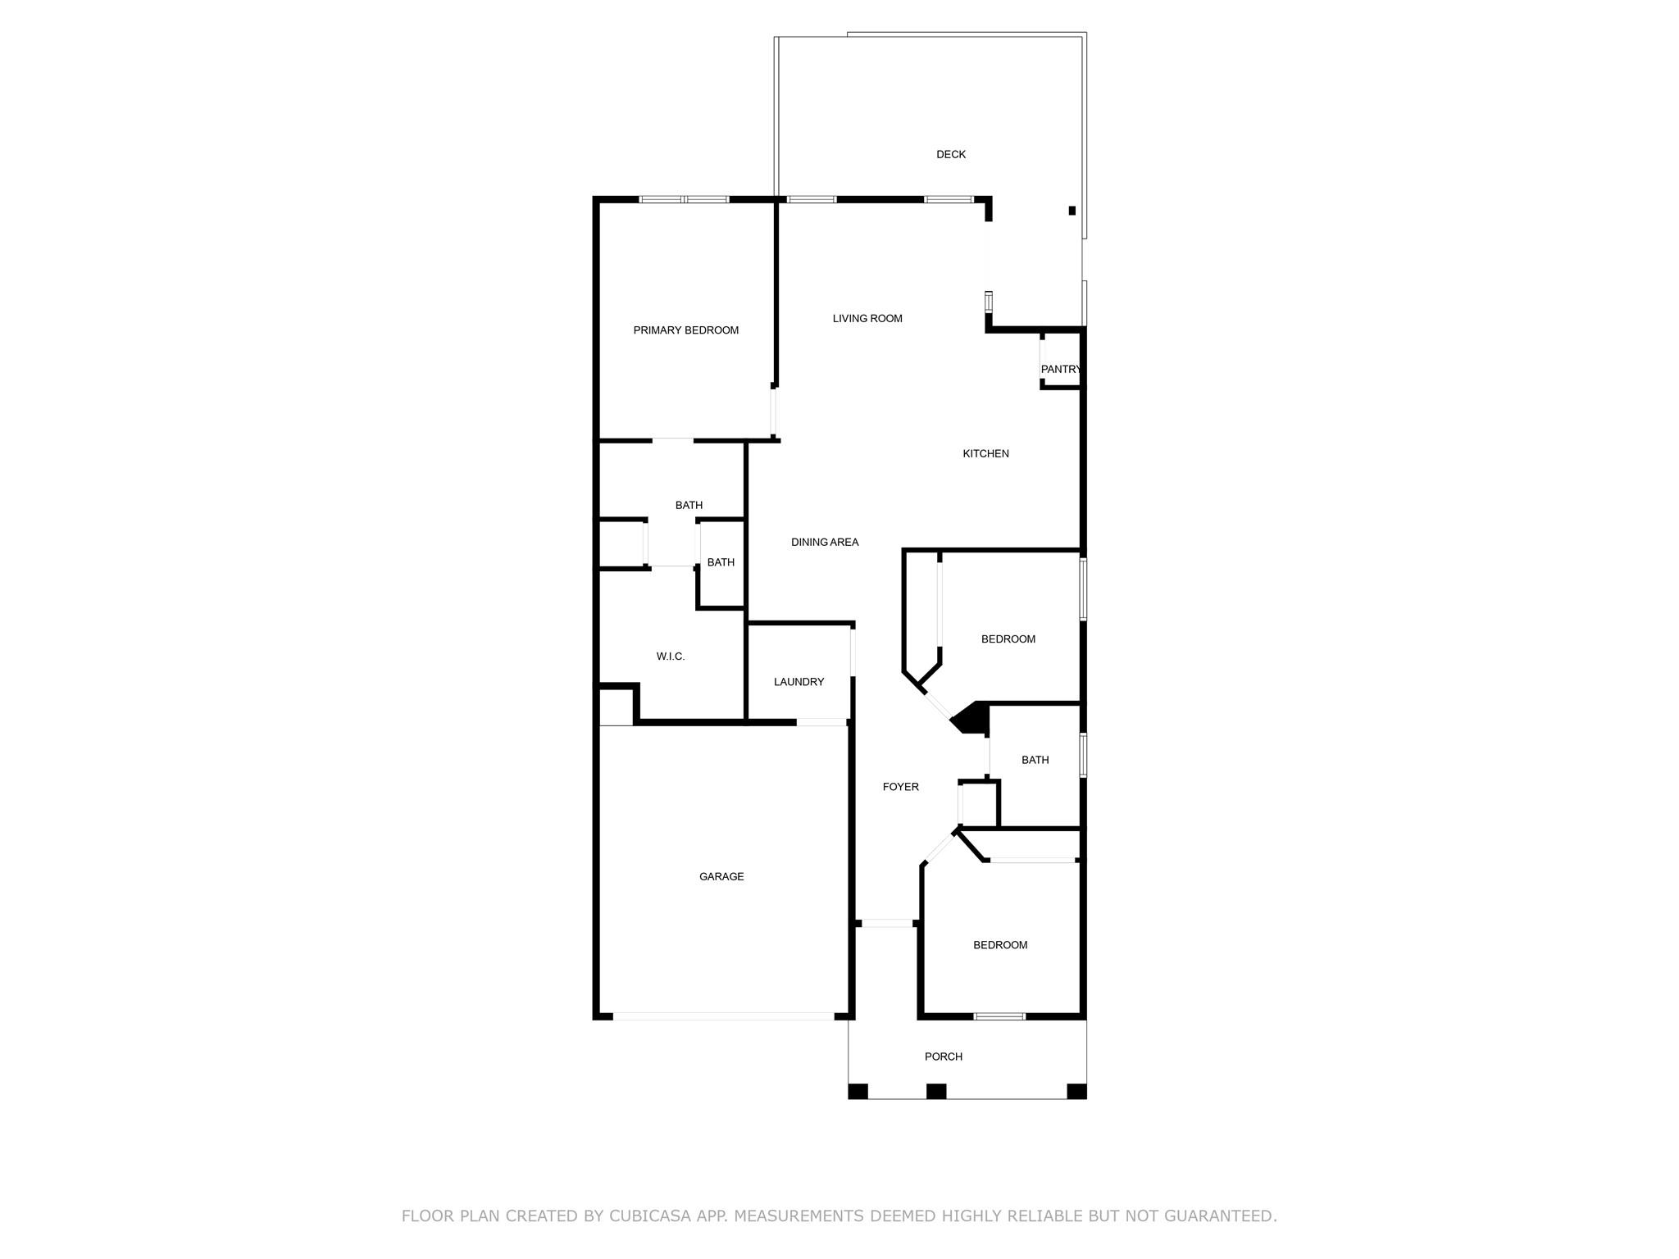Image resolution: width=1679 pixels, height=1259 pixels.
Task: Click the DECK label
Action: pos(951,154)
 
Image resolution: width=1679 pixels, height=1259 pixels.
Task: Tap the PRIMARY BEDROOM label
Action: pos(686,330)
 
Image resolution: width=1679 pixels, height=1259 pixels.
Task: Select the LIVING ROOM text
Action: pos(867,319)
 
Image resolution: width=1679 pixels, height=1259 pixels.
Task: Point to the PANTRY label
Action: pos(1061,370)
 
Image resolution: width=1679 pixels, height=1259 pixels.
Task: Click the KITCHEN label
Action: pos(985,454)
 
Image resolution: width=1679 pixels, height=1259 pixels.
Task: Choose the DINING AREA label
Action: pos(825,543)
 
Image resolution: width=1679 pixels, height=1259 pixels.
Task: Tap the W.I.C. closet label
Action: pos(671,657)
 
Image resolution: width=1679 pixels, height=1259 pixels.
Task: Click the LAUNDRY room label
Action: pos(799,682)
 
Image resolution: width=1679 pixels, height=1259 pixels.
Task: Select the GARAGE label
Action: pos(721,877)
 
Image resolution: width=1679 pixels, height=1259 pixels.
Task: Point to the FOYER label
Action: pos(901,787)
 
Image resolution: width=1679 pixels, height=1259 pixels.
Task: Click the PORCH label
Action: pos(944,1057)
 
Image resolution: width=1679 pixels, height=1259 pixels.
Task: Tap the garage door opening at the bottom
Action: pos(724,1016)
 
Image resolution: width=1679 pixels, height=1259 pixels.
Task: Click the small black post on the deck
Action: pos(1072,211)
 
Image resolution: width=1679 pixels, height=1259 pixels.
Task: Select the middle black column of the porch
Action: pos(936,1091)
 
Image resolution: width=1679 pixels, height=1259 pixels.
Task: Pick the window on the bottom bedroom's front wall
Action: pos(999,1016)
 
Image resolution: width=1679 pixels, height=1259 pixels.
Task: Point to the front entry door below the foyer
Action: pos(888,924)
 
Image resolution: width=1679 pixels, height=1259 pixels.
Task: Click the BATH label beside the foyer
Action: pos(1035,761)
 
